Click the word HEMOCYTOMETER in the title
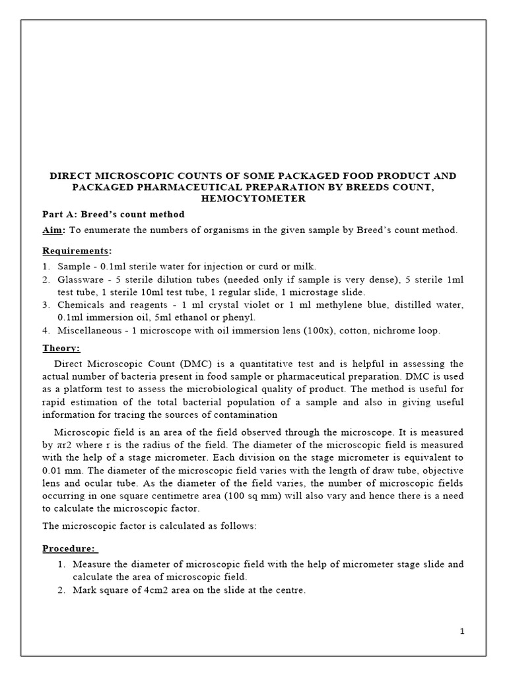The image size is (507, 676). tap(253, 197)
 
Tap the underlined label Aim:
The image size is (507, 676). tap(55, 230)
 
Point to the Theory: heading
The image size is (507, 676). tap(61, 348)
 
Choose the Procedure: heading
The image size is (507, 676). tap(70, 549)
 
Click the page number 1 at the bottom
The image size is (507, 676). tap(463, 631)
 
